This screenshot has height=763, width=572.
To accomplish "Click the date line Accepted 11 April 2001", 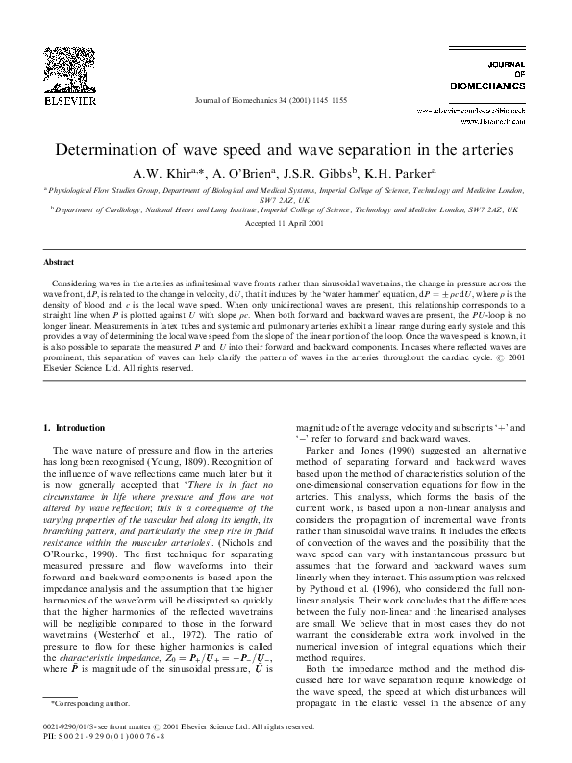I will pyautogui.click(x=286, y=222).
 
